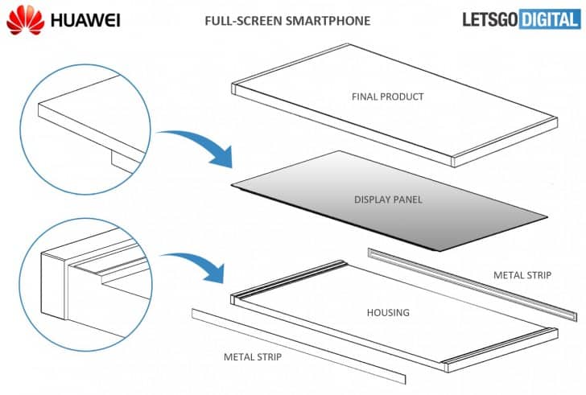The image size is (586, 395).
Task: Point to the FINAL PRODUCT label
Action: (387, 97)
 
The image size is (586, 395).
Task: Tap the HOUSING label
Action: (387, 312)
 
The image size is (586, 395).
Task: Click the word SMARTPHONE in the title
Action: (330, 20)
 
